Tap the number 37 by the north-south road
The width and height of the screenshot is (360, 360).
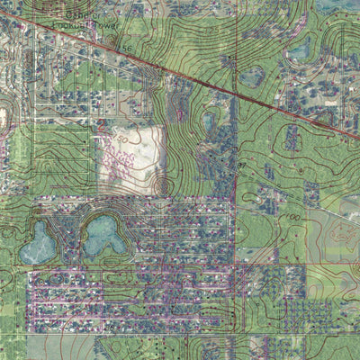tap(242, 166)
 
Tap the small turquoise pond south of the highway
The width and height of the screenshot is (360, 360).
tap(210, 119)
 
